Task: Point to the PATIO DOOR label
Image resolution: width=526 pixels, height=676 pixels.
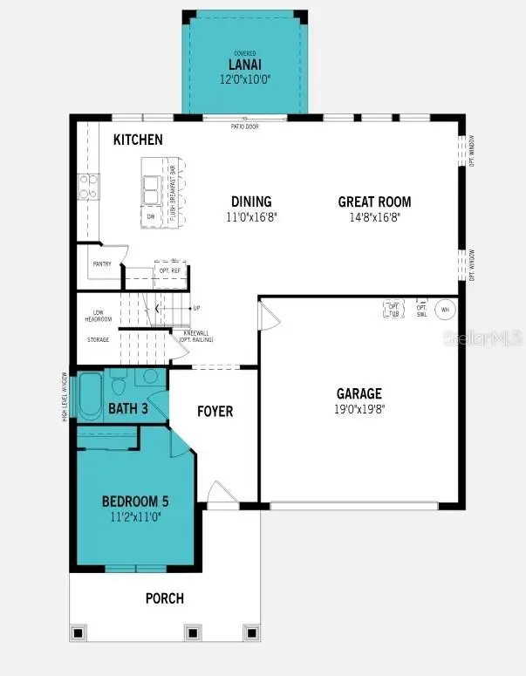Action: (244, 126)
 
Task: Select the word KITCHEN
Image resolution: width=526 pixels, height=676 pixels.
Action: (138, 140)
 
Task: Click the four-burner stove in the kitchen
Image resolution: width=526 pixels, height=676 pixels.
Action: (89, 187)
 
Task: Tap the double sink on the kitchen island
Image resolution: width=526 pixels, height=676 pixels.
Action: (152, 186)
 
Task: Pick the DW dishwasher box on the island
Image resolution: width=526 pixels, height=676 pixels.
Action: (151, 215)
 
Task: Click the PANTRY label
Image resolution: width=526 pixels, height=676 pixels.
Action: (102, 263)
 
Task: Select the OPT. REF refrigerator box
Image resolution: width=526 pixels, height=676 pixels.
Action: (169, 271)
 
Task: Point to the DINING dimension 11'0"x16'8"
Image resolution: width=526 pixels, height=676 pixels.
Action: (250, 217)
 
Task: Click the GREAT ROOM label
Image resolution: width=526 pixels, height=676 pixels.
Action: (374, 202)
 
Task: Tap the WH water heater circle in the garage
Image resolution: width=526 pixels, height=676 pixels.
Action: (445, 310)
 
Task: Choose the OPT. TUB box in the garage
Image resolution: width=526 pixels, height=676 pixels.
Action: (393, 310)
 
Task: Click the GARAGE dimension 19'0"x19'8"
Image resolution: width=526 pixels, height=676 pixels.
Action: (359, 409)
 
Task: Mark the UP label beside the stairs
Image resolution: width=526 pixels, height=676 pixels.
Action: (196, 308)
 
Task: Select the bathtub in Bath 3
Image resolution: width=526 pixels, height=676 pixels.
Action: (91, 397)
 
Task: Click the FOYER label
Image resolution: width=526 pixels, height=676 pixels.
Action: (215, 411)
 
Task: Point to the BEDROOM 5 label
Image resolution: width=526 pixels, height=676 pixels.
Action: (135, 502)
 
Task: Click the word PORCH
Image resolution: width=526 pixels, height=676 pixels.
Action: (164, 598)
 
